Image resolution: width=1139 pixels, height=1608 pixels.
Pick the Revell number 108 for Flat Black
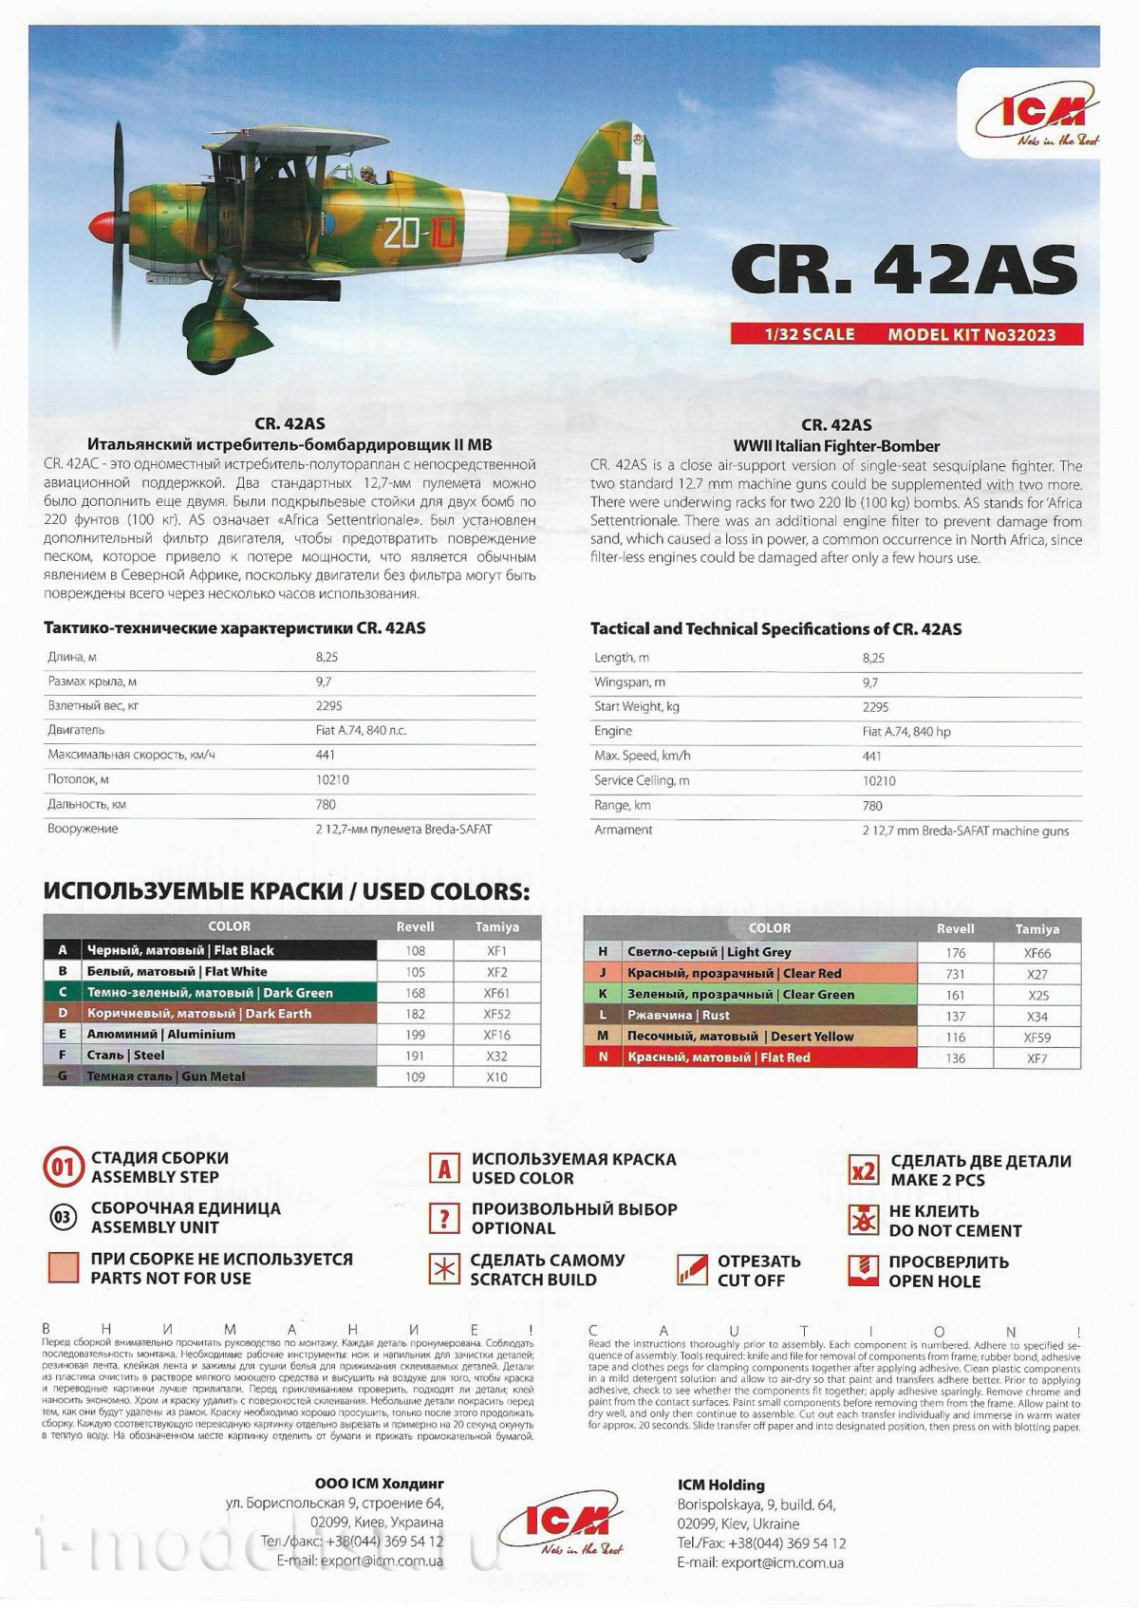pyautogui.click(x=415, y=950)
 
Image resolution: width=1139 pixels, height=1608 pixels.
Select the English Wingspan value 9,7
pyautogui.click(x=870, y=682)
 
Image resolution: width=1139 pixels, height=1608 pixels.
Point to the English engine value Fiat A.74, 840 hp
pyautogui.click(x=909, y=731)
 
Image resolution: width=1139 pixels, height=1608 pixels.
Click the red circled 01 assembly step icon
pyautogui.click(x=63, y=1168)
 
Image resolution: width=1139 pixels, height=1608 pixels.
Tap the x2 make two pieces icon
pyautogui.click(x=863, y=1169)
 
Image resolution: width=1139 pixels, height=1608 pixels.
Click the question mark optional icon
pyautogui.click(x=442, y=1218)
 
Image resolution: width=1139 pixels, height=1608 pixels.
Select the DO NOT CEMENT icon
pyautogui.click(x=863, y=1220)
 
